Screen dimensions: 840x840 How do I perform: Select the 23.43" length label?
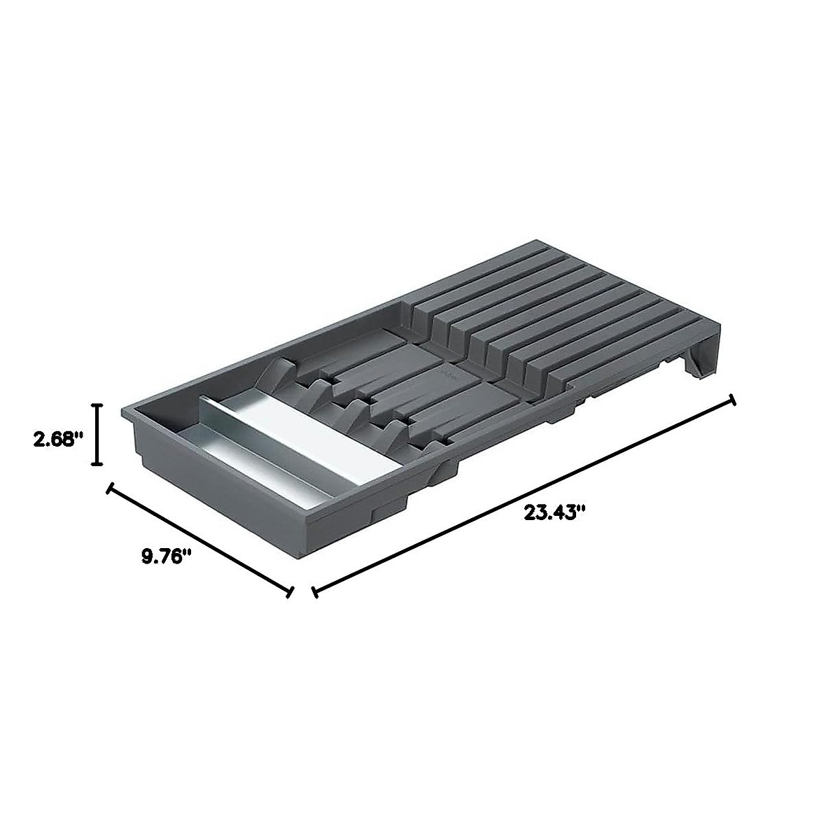point(554,512)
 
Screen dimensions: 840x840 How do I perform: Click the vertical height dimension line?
point(99,434)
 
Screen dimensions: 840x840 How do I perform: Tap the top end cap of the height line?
point(99,405)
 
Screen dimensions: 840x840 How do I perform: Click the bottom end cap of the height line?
point(99,464)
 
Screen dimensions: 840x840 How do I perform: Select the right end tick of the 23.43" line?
point(733,400)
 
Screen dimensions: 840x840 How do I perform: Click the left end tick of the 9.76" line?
point(108,487)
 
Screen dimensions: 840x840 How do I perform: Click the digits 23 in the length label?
point(535,512)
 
